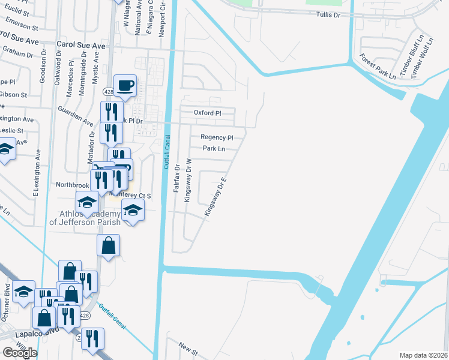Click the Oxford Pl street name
[x=208, y=113]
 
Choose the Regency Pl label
[x=216, y=137]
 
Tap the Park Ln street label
[x=214, y=149]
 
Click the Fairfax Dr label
[x=177, y=178]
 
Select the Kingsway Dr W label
[x=188, y=180]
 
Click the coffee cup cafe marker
[x=125, y=86]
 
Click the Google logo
[x=20, y=353]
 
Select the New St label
[x=188, y=346]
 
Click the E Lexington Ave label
[x=37, y=173]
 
